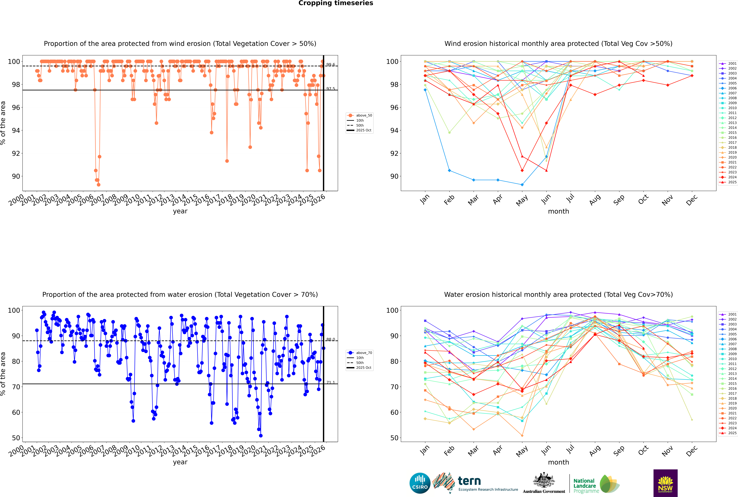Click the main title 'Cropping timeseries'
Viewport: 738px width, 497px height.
336,3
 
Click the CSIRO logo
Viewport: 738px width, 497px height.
420,483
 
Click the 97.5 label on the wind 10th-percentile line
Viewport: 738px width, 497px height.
331,89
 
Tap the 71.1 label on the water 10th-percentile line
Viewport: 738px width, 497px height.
331,383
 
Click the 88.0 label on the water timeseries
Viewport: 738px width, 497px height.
331,339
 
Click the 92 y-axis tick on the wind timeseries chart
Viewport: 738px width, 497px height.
16,153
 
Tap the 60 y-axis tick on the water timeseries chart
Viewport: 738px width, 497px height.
16,412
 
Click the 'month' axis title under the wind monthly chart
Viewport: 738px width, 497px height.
558,211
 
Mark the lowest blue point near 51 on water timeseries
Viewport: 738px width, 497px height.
261,435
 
